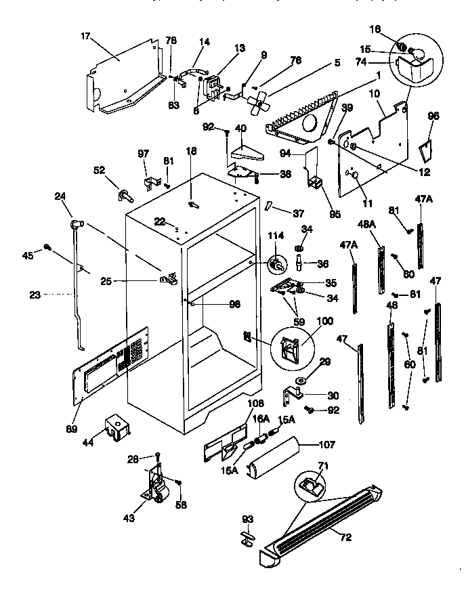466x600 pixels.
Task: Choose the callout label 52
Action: pos(99,171)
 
